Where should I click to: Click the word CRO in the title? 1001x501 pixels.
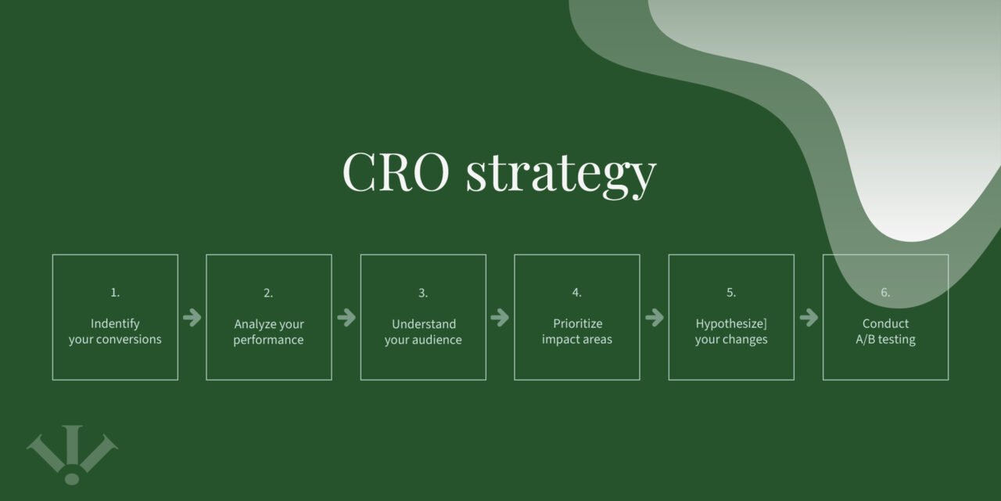pos(396,171)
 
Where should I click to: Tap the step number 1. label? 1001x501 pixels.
pos(115,293)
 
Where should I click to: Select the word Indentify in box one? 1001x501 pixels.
pos(115,324)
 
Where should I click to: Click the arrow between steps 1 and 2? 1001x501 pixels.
pos(192,317)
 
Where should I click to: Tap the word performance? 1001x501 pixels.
pos(268,340)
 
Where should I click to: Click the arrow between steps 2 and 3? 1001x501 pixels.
pos(346,317)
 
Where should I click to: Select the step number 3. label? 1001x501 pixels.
pos(423,293)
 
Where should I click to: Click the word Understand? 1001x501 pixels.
pos(423,324)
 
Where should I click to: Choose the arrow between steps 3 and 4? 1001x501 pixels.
pos(500,317)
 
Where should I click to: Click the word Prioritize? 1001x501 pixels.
pos(577,324)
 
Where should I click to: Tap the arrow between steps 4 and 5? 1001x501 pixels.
pos(654,317)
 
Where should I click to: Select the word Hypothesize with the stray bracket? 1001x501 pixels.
pos(730,324)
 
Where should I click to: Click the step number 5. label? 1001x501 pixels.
pos(731,293)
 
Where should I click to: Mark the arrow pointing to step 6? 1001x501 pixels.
pos(808,317)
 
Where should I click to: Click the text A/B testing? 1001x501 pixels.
pos(885,340)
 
